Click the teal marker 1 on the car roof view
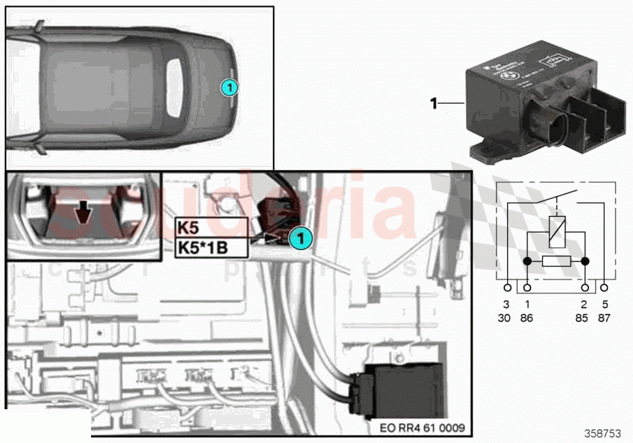tap(229, 88)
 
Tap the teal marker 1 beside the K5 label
tap(299, 239)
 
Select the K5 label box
tap(212, 227)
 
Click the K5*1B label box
tap(212, 247)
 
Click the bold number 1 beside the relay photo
tap(433, 104)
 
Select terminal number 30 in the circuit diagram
tap(504, 317)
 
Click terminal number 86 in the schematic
tap(526, 317)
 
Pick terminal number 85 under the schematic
tap(582, 317)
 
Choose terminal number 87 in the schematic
tap(604, 317)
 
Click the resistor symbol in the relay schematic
tap(556, 262)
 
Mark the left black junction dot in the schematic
tap(526, 262)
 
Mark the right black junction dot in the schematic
tap(585, 262)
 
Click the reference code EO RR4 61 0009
tap(422, 429)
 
